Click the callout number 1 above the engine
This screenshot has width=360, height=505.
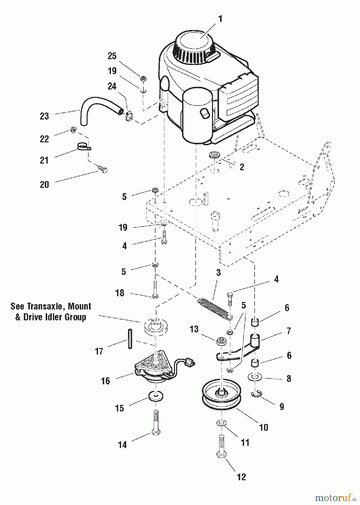(220, 19)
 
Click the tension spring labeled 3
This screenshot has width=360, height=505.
(215, 309)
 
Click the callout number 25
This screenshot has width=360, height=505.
(112, 56)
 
